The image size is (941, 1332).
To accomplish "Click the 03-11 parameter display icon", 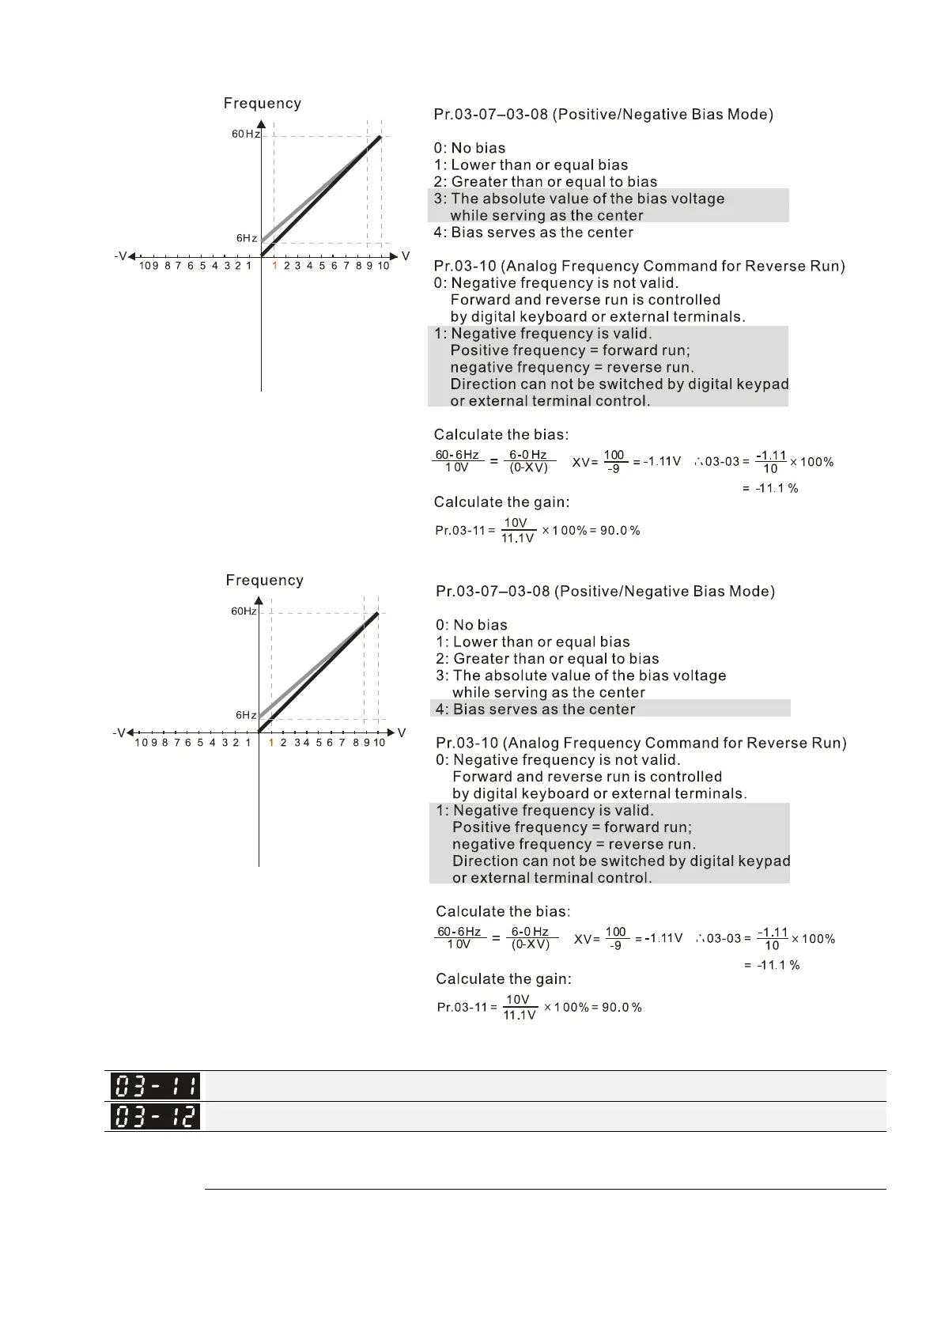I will click(155, 1085).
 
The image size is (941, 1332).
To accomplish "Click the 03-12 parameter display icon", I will click(155, 1116).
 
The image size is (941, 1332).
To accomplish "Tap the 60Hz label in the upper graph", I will click(245, 134).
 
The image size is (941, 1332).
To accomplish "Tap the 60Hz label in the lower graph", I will click(244, 611).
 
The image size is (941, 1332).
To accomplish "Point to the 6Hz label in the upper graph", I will click(246, 238).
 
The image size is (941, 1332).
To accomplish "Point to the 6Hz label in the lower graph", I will click(245, 715).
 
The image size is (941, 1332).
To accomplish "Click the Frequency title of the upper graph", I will click(263, 104).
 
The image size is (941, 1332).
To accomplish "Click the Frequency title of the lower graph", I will click(264, 581).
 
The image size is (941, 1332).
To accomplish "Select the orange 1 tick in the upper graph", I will click(274, 267).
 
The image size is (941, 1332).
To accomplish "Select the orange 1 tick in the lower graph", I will click(271, 744).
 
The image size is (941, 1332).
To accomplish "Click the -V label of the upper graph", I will click(120, 256).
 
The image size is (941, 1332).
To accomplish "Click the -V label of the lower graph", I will click(119, 733).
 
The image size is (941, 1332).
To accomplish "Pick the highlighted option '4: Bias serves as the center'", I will click(544, 710).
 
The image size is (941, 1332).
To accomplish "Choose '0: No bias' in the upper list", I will click(470, 148).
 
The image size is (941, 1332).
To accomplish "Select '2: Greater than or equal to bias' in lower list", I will click(547, 659).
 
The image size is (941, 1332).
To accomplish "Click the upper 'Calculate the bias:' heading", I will click(501, 434).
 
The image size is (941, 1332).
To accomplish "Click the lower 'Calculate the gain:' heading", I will click(504, 979).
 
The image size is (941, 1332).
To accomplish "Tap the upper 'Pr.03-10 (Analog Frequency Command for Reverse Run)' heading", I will click(639, 266).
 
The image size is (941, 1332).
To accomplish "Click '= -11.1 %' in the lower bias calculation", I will click(772, 966).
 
